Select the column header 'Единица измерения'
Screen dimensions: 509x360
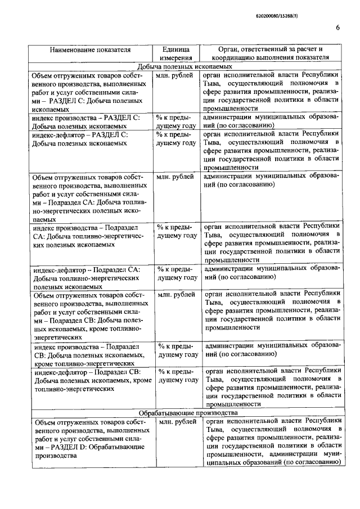tap(175, 53)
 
